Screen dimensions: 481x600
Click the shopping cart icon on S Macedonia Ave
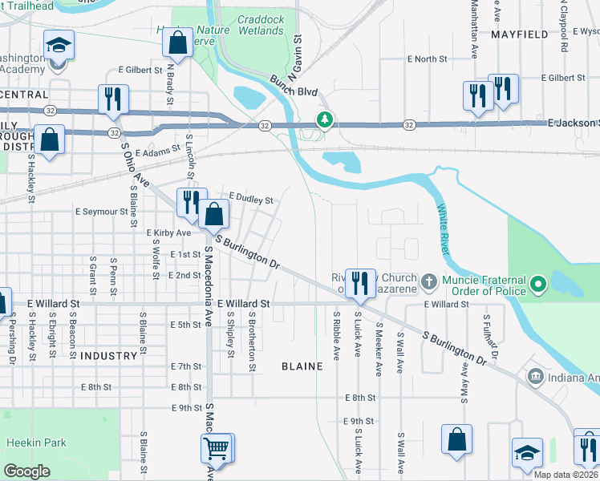[x=217, y=448]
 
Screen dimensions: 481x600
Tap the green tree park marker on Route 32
[x=324, y=120]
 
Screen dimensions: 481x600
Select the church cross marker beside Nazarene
[x=428, y=282]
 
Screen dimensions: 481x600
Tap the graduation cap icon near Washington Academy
[x=58, y=45]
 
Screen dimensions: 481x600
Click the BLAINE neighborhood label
[x=302, y=366]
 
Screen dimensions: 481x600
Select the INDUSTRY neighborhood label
[x=109, y=355]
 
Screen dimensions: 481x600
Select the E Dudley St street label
[x=251, y=197]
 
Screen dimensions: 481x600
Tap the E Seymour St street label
[x=101, y=212]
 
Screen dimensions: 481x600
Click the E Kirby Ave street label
[x=168, y=232]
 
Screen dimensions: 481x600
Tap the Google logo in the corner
[x=27, y=471]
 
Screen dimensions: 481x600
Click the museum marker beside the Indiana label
[x=535, y=376]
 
